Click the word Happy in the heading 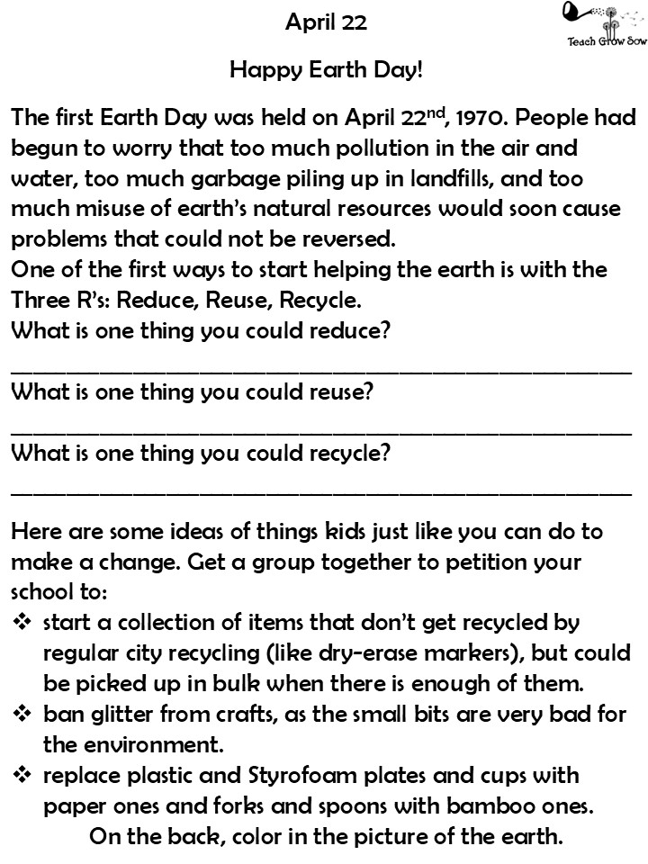pyautogui.click(x=264, y=69)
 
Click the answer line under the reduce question pyautogui.click(x=321, y=369)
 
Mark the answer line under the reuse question pyautogui.click(x=321, y=430)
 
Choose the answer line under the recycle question pyautogui.click(x=321, y=491)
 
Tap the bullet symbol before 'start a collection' pyautogui.click(x=22, y=623)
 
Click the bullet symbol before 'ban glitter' pyautogui.click(x=22, y=715)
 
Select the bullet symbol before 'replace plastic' pyautogui.click(x=22, y=776)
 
